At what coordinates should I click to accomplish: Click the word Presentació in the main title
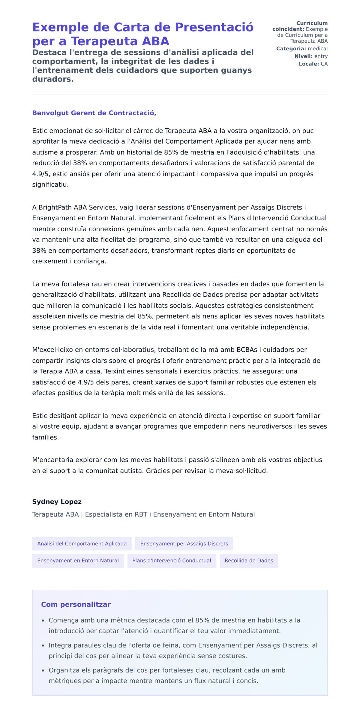(214, 27)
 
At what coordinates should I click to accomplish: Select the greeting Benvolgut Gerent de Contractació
(94, 113)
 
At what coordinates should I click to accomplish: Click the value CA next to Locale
(324, 64)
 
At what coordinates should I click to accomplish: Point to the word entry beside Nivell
(321, 56)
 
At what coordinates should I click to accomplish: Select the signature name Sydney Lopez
(57, 502)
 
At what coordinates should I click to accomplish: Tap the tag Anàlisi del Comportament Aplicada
(82, 544)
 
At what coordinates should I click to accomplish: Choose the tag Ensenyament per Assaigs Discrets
(184, 544)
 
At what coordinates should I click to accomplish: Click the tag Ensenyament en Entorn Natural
(78, 561)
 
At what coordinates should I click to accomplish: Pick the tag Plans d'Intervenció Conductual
(172, 561)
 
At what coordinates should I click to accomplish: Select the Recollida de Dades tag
(249, 561)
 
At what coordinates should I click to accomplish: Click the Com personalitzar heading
(76, 604)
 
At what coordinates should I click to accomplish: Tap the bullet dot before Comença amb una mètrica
(43, 621)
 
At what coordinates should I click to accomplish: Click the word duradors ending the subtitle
(53, 79)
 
